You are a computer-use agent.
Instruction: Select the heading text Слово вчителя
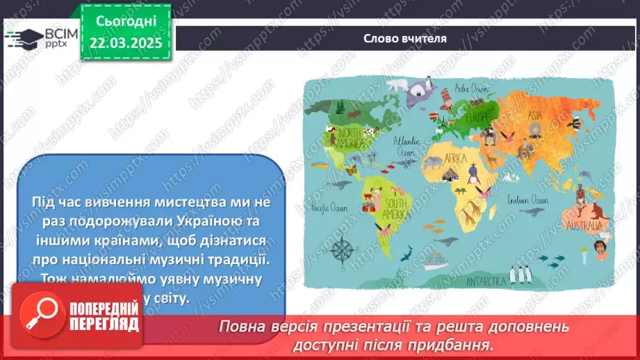tap(404, 38)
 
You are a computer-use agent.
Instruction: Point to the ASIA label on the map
tap(534, 115)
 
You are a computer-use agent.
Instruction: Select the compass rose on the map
tap(343, 248)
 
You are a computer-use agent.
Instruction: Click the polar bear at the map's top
tap(397, 85)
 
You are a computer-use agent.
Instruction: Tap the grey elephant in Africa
tap(433, 163)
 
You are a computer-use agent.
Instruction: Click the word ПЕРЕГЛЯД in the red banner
tap(104, 325)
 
